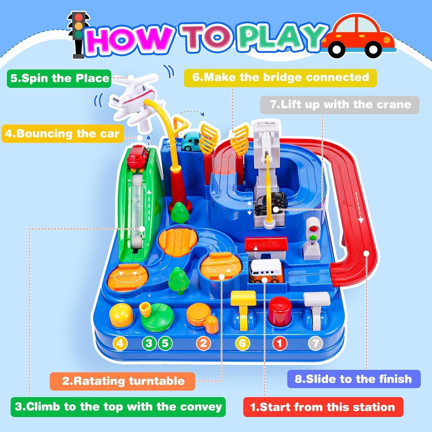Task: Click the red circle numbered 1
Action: coord(279,343)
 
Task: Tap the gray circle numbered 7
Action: coord(316,343)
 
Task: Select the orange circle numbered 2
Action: coord(203,343)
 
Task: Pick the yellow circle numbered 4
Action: coord(120,343)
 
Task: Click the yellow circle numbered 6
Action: coord(242,343)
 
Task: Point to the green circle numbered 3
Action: coord(149,343)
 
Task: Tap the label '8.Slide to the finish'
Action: coord(354,379)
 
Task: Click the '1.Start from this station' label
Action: coord(323,407)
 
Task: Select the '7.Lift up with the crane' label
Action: coord(340,105)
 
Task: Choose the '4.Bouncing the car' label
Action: coord(62,134)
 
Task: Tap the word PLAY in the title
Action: coord(281,37)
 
